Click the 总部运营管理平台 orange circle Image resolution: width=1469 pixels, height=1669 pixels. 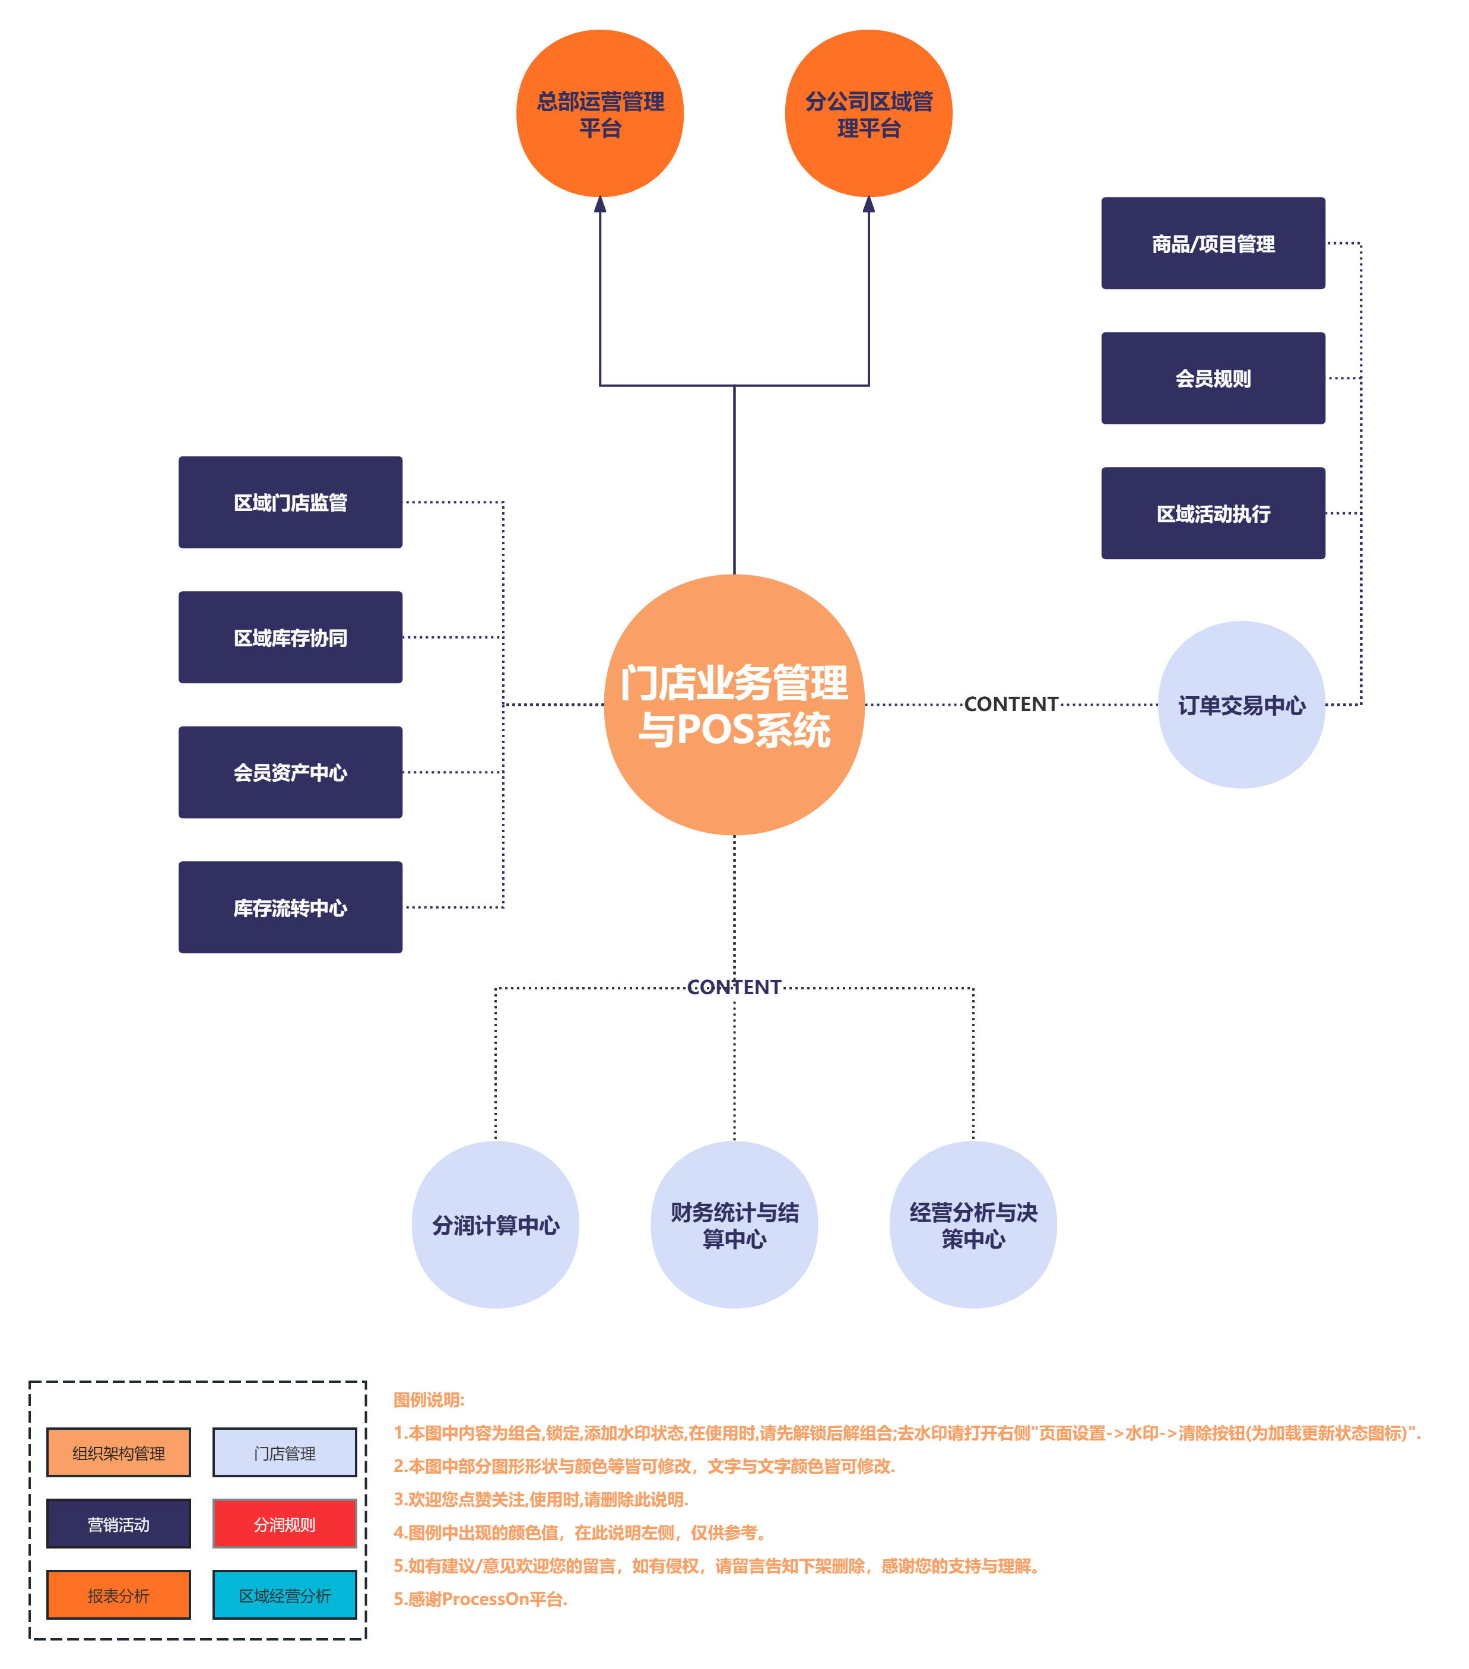click(599, 113)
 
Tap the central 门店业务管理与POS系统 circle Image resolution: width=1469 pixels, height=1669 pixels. click(734, 705)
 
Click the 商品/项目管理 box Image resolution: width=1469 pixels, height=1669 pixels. click(1213, 243)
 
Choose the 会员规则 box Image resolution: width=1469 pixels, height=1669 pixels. click(1213, 378)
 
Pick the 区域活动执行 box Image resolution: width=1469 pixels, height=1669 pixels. click(1213, 513)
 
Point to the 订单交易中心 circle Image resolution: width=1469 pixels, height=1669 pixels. click(1241, 705)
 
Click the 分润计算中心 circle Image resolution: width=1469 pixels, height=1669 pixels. click(496, 1225)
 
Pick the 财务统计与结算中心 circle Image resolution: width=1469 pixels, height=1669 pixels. click(734, 1225)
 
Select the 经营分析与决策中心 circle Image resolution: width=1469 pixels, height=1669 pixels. click(973, 1225)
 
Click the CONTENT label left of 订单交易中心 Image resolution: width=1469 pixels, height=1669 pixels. click(1011, 704)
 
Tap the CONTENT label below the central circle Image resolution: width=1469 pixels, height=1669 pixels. click(734, 987)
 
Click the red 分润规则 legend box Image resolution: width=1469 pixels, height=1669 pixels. click(284, 1524)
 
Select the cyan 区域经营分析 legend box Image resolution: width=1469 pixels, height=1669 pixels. click(284, 1595)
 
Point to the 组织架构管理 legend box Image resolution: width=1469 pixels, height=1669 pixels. click(118, 1452)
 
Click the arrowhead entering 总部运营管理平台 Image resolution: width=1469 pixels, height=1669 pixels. click(600, 205)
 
